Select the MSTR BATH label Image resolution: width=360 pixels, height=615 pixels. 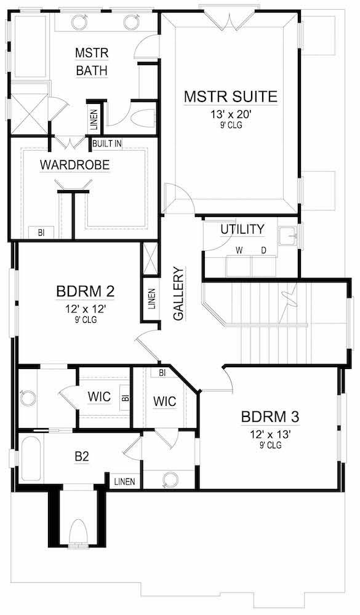pos(92,61)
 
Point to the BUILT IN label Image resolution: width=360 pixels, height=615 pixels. pos(107,143)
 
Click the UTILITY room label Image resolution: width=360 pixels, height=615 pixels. pos(242,229)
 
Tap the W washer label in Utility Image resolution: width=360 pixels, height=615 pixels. pos(239,250)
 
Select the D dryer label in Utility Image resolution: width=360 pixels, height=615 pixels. pos(263,250)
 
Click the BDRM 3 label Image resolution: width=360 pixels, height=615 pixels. pos(270,416)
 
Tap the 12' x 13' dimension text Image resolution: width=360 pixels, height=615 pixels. pos(270,434)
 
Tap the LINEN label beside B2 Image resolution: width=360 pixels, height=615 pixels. pos(125,482)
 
